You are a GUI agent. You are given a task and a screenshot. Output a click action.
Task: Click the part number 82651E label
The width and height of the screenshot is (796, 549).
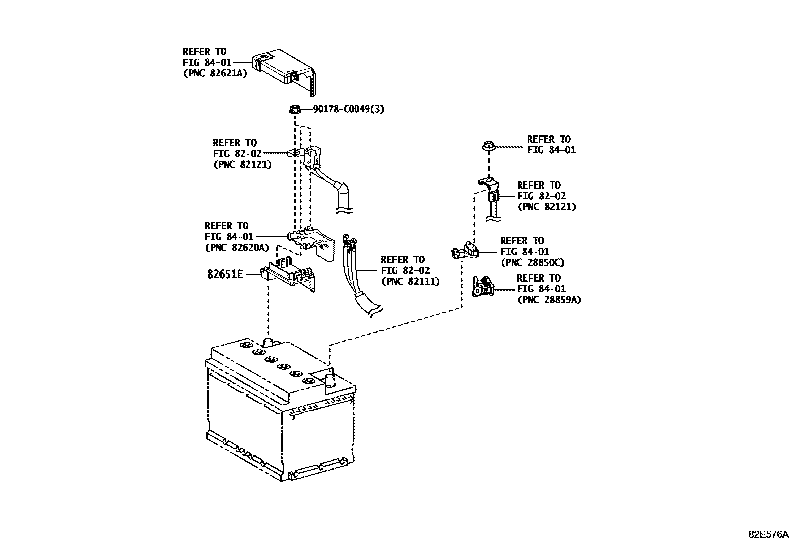[225, 274]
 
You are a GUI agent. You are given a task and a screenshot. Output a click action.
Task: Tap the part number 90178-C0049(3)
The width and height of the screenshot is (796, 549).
[348, 109]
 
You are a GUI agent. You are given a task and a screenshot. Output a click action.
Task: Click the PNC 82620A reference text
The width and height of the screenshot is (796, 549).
[237, 247]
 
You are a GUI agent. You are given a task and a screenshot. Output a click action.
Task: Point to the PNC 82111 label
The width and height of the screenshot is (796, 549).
[410, 281]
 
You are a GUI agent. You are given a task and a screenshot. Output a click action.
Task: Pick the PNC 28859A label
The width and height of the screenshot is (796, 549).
[549, 300]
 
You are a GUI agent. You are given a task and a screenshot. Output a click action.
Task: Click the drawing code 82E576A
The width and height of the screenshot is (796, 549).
[768, 534]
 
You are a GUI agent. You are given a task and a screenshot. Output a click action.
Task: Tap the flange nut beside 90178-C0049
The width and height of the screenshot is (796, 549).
[295, 109]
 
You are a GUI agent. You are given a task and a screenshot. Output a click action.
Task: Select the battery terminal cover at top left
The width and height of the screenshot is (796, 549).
[285, 70]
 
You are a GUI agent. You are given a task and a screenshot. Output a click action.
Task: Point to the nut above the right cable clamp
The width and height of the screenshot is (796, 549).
[488, 147]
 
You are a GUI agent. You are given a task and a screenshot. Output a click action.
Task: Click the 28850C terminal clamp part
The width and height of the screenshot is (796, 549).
[465, 250]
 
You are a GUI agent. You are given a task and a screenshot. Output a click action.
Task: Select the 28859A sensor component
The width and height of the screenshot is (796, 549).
[483, 288]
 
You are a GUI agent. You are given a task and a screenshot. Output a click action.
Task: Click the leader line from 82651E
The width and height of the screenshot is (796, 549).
[251, 274]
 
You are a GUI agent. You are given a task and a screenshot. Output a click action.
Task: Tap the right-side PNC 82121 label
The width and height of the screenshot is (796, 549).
[546, 206]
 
